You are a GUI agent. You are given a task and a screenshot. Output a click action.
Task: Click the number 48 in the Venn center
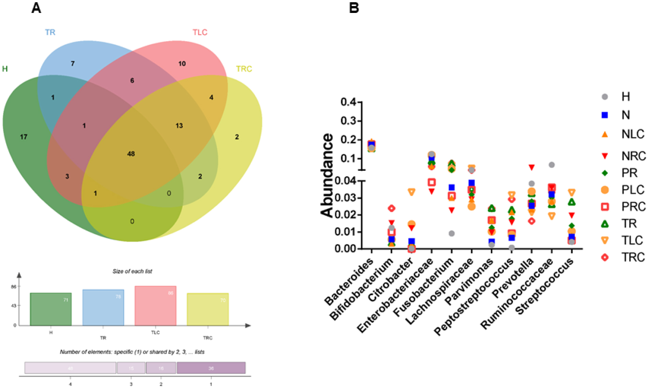pyautogui.click(x=131, y=154)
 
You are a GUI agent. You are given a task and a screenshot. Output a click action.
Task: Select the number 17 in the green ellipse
pyautogui.click(x=24, y=137)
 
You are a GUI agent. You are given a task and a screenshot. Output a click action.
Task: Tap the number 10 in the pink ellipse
pyautogui.click(x=182, y=64)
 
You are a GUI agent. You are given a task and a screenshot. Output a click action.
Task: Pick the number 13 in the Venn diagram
pyautogui.click(x=179, y=126)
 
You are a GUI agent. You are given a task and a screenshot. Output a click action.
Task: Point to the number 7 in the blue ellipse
pyautogui.click(x=73, y=64)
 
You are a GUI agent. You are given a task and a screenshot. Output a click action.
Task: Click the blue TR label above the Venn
pyautogui.click(x=50, y=32)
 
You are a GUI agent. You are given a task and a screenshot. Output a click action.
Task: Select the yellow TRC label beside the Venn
pyautogui.click(x=244, y=69)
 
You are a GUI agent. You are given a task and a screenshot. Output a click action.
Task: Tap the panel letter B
pyautogui.click(x=354, y=7)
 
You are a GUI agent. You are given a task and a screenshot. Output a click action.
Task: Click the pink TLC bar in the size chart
pyautogui.click(x=155, y=306)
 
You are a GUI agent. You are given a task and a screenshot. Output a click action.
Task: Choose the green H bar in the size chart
pyautogui.click(x=51, y=309)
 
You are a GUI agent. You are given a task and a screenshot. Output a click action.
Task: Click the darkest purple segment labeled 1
pyautogui.click(x=211, y=368)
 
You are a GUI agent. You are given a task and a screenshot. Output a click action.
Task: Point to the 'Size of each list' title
pyautogui.click(x=132, y=271)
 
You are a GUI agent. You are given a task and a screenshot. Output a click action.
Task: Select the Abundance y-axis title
pyautogui.click(x=327, y=175)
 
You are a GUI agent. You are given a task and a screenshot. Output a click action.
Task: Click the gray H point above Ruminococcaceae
pyautogui.click(x=552, y=165)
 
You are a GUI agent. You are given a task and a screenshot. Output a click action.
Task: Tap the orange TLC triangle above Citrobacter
pyautogui.click(x=411, y=192)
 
